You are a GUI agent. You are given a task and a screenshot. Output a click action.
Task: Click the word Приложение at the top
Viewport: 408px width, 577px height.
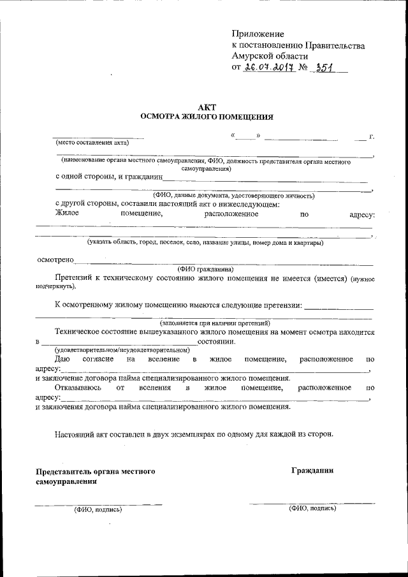258,34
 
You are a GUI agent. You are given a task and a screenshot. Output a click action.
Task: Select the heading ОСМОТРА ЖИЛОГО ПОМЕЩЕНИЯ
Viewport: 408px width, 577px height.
207,117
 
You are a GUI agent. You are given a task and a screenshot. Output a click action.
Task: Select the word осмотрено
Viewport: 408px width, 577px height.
55,260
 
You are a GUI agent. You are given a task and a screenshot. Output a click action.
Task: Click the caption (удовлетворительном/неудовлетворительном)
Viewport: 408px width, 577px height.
122,350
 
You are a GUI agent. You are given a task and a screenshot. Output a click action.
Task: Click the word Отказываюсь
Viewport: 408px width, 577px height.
75,388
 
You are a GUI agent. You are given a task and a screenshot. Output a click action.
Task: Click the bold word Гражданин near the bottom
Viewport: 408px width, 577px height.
312,471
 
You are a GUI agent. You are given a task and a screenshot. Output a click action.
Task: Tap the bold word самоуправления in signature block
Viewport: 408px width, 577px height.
66,483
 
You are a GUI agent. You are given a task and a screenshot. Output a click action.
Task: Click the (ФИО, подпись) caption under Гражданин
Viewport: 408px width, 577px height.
312,508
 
